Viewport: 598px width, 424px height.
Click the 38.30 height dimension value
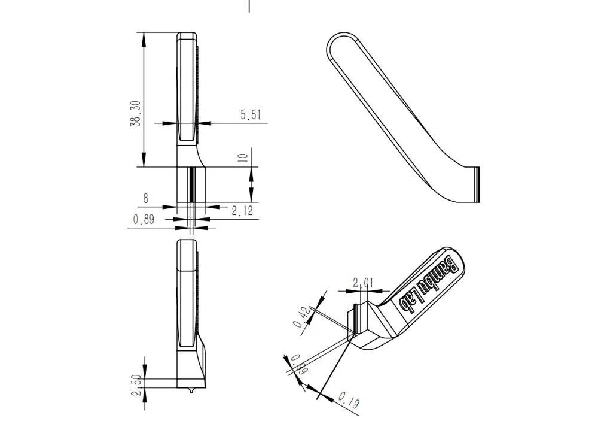pos(136,113)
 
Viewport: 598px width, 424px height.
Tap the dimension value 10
pos(242,158)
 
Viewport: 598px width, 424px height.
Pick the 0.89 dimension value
pos(144,220)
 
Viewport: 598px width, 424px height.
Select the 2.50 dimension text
pos(136,384)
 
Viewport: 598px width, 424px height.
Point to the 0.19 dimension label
pos(349,401)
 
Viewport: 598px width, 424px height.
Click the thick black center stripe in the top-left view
pos(191,184)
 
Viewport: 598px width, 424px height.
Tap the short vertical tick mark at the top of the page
pos(249,6)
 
